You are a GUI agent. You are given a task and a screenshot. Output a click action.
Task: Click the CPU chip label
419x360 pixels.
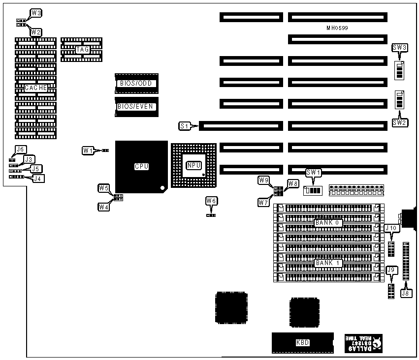pos(142,167)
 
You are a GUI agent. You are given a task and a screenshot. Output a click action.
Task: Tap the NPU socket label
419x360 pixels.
pos(193,165)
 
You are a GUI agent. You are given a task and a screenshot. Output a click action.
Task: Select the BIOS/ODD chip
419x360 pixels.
pos(136,83)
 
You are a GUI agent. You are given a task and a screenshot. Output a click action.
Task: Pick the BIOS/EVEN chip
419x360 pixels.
pos(136,106)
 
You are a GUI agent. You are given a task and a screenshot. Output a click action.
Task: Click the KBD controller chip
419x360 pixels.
pos(302,343)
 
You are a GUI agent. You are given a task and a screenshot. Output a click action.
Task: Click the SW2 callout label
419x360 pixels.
pos(400,122)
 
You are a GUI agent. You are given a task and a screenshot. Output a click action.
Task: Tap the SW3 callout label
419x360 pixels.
pos(399,47)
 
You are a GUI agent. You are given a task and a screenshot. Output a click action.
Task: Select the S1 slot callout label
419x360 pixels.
pos(185,126)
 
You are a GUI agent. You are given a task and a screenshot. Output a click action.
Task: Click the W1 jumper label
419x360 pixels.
pos(88,150)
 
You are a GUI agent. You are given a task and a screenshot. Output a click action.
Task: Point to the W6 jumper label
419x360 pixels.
pos(211,201)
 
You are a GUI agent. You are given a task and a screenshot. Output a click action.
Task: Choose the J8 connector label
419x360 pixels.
pos(406,294)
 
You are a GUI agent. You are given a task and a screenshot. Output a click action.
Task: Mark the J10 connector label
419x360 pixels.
pos(391,228)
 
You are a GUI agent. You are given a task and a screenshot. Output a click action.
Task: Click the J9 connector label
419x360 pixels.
pos(391,270)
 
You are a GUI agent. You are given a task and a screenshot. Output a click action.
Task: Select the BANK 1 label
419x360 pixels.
pos(328,263)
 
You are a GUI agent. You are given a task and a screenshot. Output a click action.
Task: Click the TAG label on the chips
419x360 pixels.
pos(82,50)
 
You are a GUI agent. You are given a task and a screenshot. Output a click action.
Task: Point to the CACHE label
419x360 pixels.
pos(36,88)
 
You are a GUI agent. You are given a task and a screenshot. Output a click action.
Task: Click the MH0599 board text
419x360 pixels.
pos(337,28)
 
